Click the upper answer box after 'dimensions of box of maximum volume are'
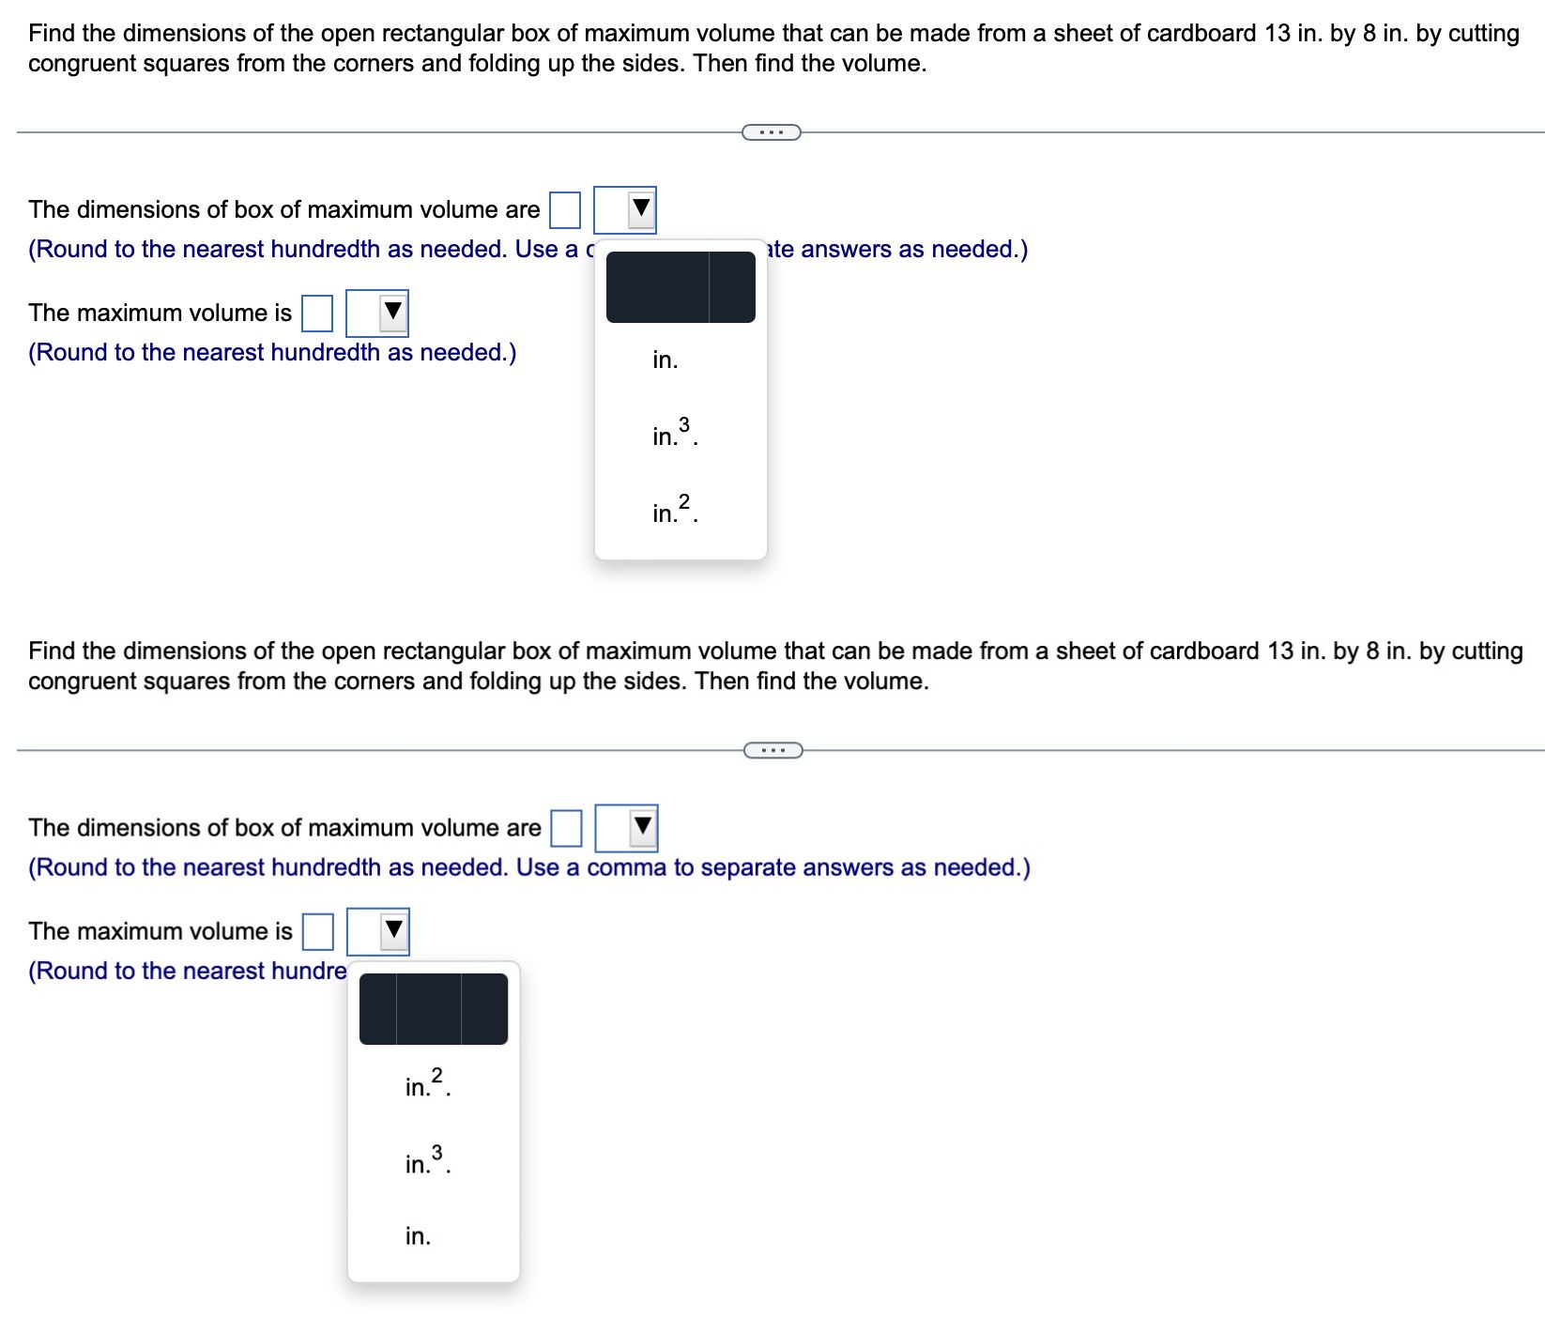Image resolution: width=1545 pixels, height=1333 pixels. coord(564,210)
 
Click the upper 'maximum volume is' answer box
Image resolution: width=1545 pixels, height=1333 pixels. coord(317,314)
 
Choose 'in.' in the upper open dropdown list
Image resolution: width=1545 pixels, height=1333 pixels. coord(665,360)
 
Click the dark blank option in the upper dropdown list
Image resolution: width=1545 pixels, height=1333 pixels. coord(681,287)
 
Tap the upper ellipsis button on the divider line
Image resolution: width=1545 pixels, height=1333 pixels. coord(771,132)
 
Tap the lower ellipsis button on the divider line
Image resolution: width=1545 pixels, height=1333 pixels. coord(772,750)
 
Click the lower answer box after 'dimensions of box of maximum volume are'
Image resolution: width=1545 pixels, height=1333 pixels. coord(566,828)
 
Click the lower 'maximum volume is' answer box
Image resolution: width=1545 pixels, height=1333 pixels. coord(318,931)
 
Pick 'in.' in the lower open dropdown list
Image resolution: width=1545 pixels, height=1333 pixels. coord(418,1236)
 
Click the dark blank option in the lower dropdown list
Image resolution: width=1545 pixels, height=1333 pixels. coord(434,1009)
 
